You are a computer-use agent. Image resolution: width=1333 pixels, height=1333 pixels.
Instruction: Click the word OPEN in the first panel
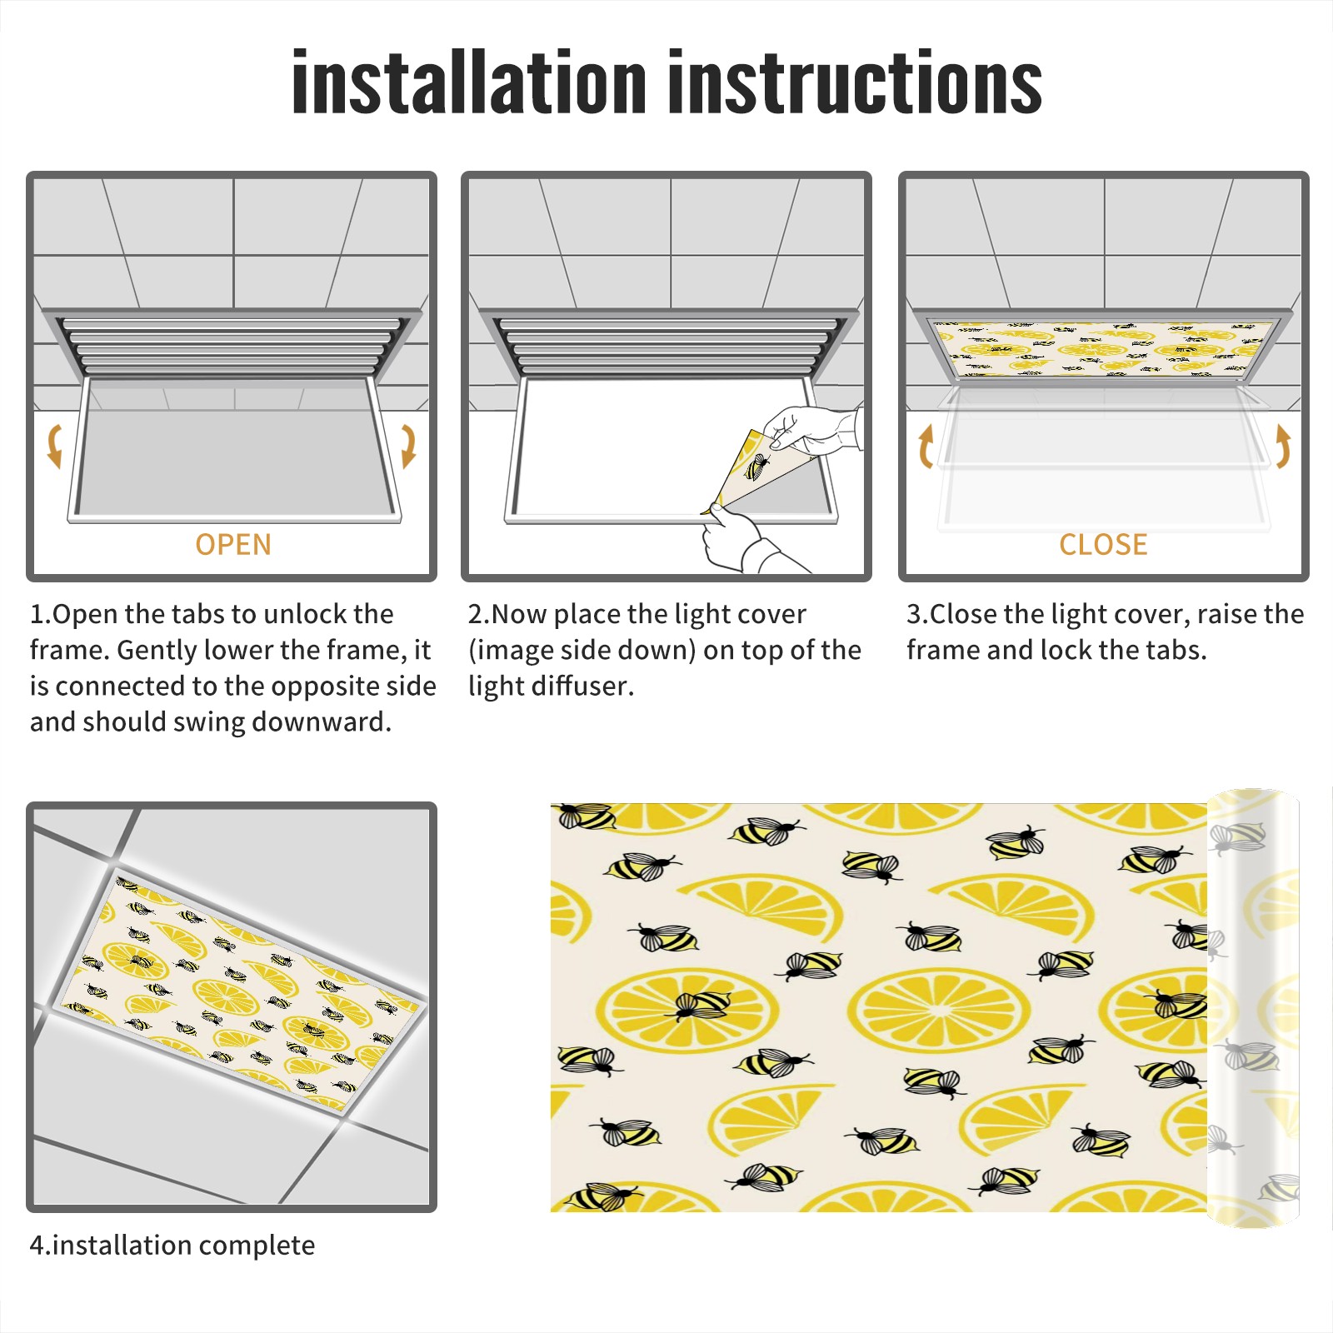(x=233, y=545)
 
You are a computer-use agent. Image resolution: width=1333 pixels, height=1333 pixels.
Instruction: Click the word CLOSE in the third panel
(x=1103, y=545)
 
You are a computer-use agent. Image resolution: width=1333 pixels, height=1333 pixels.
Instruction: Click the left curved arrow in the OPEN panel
(x=54, y=445)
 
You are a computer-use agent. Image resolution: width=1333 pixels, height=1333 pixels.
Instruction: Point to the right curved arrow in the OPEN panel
(x=408, y=446)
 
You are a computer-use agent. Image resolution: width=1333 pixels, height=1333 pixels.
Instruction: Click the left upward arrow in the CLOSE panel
(x=926, y=446)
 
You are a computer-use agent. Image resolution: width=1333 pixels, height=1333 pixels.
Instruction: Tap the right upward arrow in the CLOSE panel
(x=1283, y=446)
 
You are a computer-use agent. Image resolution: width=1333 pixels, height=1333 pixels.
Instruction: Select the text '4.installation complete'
(x=172, y=1246)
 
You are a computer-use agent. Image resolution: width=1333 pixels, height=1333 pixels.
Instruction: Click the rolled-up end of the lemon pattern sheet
(x=1253, y=1008)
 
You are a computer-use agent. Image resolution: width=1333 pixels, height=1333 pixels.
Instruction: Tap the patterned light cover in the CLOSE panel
(x=1103, y=347)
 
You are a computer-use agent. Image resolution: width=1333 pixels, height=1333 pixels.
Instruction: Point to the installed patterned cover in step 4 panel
(x=237, y=991)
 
